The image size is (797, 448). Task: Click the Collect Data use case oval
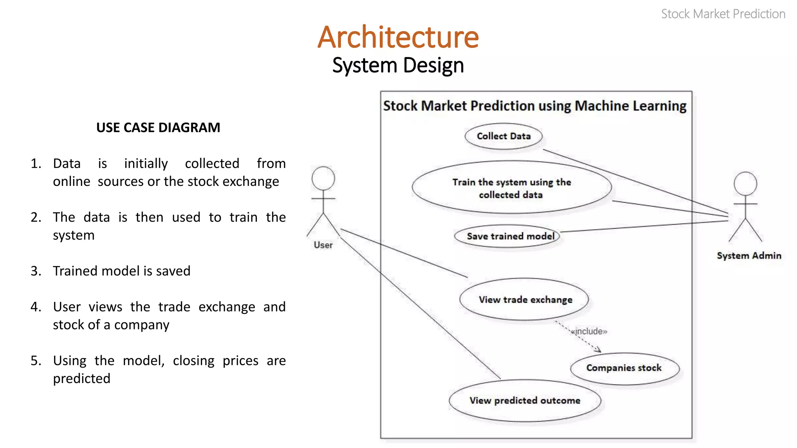click(504, 136)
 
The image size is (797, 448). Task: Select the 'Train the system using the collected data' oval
click(511, 188)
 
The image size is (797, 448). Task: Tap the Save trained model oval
click(507, 236)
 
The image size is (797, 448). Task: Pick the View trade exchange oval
click(525, 299)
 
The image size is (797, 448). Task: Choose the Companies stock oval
click(624, 368)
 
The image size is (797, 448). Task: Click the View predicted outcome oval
click(525, 401)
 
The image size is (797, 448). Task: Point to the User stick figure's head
click(323, 178)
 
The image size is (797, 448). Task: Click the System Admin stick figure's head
click(745, 184)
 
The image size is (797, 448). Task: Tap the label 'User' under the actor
click(323, 245)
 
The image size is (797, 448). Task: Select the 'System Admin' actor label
click(749, 255)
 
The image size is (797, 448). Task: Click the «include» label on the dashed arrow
click(589, 331)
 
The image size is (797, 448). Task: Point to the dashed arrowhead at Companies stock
click(599, 350)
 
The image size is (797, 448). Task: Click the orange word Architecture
click(398, 37)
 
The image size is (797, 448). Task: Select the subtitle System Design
click(398, 65)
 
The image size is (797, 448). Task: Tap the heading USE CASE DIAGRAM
click(158, 128)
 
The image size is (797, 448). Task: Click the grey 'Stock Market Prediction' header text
click(723, 14)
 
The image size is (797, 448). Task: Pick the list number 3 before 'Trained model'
click(36, 271)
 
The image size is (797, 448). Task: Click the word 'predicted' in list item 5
click(82, 378)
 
